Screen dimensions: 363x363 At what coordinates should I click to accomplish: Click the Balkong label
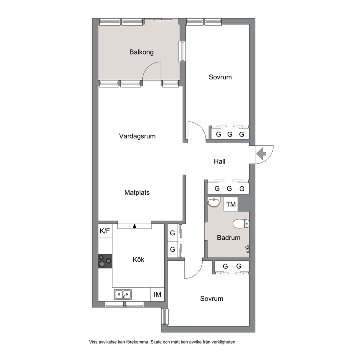coord(142,52)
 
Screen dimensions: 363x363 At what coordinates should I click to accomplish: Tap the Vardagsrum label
coord(137,136)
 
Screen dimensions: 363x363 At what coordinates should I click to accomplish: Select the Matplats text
coord(137,192)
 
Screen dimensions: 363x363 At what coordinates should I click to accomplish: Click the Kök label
coord(138,259)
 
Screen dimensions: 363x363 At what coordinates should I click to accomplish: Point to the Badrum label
coord(228,238)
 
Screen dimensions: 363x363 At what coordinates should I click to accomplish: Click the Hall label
coord(220,161)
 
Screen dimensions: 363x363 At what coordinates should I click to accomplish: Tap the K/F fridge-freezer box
coord(105,231)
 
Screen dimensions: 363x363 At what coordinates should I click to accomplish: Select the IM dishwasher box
coord(157,294)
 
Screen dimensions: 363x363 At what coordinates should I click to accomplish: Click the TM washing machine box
coord(231,204)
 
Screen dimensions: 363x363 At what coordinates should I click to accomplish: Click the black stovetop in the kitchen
coord(105,261)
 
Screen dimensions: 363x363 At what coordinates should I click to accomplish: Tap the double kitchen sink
coord(123,294)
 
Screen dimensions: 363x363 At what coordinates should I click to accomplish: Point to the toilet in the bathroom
coord(241,224)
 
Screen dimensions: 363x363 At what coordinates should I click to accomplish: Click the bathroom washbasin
coord(214,202)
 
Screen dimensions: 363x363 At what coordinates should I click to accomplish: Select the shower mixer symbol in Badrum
coord(247,249)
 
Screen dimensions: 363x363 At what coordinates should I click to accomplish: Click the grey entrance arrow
coord(261,154)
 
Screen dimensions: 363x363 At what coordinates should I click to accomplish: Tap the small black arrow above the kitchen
coord(135,226)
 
